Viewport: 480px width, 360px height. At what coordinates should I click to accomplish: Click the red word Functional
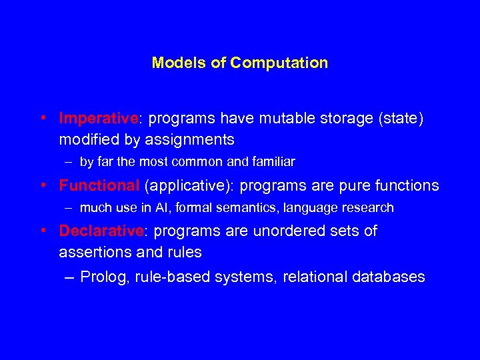coord(99,185)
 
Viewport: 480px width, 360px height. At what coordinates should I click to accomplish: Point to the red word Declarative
coord(101,231)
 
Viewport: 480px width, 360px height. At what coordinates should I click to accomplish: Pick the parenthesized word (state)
coord(400,119)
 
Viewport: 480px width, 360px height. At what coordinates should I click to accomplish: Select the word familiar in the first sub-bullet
coord(273,161)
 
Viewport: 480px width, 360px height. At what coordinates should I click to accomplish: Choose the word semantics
coord(248,208)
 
